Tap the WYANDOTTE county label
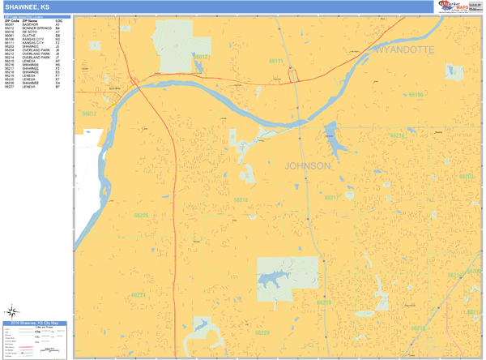tap(404, 50)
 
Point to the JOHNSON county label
tap(307, 165)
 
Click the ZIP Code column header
tap(12, 20)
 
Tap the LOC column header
tap(58, 20)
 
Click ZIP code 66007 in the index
tap(10, 24)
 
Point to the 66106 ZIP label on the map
tap(416, 95)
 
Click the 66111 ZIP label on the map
tap(276, 61)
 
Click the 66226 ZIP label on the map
tap(141, 215)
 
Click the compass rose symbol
tap(13, 311)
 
